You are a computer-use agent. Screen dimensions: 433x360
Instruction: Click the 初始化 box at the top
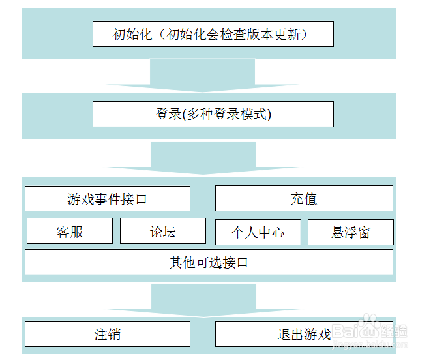point(213,34)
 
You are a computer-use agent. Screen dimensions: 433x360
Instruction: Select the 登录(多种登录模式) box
point(213,114)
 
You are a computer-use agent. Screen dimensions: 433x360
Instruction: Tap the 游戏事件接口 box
point(108,199)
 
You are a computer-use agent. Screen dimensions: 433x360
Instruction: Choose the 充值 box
point(304,199)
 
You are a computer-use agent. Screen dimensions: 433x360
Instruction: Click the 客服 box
point(70,232)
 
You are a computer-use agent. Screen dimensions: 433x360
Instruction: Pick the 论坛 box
point(163,232)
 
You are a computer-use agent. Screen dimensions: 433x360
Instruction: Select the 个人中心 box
point(258,232)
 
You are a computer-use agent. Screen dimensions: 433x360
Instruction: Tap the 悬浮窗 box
point(351,232)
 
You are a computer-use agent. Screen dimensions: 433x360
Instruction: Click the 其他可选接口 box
point(209,262)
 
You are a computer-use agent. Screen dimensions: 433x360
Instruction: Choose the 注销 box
point(108,335)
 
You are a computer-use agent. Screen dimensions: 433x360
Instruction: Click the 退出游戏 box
point(304,335)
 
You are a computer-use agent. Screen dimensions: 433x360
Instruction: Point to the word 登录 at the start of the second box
point(168,115)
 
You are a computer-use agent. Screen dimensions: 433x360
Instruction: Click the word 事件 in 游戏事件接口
point(108,200)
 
